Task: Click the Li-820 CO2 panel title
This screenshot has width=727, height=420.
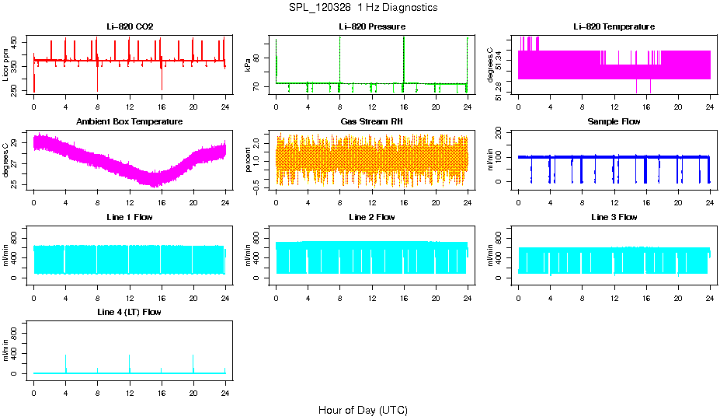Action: (130, 27)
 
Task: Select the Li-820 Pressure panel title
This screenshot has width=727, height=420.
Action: (371, 27)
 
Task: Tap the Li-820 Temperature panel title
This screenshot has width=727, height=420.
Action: (614, 27)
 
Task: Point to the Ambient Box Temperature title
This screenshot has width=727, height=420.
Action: (130, 122)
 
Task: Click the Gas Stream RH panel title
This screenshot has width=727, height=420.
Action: (371, 122)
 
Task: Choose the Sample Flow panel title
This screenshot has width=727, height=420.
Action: (614, 122)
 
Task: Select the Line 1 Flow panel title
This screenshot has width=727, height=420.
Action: (130, 217)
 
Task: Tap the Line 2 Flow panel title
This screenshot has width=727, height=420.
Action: (371, 217)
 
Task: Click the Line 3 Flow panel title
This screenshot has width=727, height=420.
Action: (614, 217)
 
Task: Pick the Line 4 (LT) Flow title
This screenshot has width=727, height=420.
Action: (130, 312)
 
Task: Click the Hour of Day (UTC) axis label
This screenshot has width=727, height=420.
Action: (363, 410)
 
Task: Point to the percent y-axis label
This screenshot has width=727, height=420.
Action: (248, 160)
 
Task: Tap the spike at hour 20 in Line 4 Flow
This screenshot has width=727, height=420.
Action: (193, 363)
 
